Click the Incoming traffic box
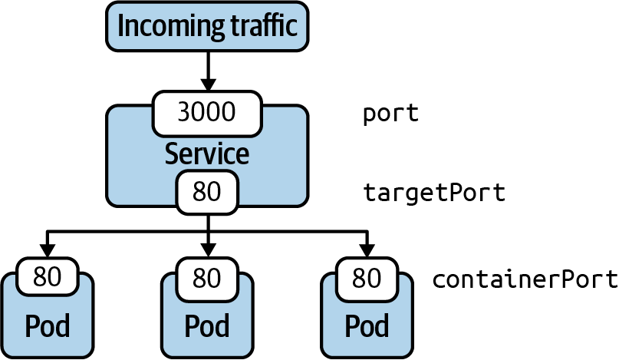(207, 27)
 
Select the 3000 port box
(207, 113)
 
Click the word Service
(207, 154)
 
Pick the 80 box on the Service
(207, 192)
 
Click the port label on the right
(390, 114)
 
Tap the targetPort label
(434, 192)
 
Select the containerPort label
(525, 278)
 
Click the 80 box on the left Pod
(47, 278)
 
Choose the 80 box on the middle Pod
(207, 278)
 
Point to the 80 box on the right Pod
(367, 278)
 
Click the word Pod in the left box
(47, 326)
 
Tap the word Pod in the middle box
(207, 326)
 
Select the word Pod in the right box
(367, 326)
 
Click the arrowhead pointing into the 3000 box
(207, 84)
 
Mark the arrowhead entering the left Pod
(47, 250)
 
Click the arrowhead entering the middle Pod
(207, 250)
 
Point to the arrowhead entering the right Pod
(367, 250)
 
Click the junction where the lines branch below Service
(207, 231)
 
